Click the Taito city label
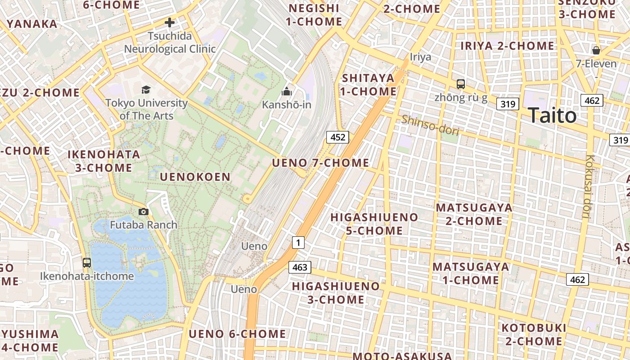pos(552,116)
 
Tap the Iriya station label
pos(420,57)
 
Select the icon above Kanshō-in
pos(287,92)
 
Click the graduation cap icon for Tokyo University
pos(146,90)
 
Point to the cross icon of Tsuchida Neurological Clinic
pos(170,22)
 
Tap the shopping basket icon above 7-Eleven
pos(596,50)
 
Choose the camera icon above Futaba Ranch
pos(143,211)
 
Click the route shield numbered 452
pos(337,137)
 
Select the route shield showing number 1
pos(298,243)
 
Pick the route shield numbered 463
pos(300,267)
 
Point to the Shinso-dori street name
pos(430,125)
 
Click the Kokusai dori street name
pos(589,187)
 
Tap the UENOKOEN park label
pos(195,177)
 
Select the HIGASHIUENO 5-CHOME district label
pos(374,224)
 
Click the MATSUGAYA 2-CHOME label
pos(474,214)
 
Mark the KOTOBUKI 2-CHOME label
pos(534,334)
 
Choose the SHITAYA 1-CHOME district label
pos(368,85)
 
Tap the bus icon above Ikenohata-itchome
pos(87,263)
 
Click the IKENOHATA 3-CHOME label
pos(103,161)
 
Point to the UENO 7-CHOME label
pos(320,162)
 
